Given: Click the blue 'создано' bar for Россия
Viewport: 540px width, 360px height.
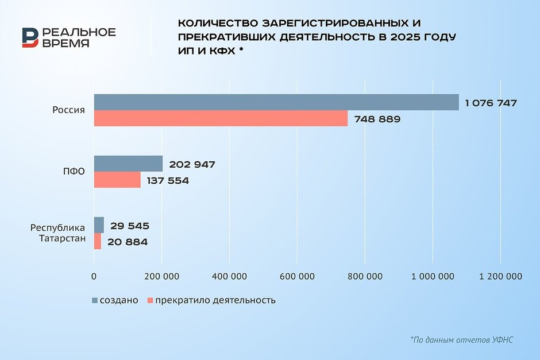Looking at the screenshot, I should click(276, 102).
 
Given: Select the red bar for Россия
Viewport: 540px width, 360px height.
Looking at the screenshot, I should click(221, 118).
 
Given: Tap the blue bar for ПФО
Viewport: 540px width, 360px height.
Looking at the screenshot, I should click(128, 164).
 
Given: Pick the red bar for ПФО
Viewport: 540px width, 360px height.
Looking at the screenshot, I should click(117, 180).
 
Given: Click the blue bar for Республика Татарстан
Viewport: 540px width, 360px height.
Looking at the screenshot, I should click(99, 225).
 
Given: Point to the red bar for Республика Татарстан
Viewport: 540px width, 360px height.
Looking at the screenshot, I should click(98, 241).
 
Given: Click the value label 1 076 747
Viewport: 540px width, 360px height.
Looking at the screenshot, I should click(491, 103).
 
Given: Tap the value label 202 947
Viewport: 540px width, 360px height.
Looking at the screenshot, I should click(192, 165).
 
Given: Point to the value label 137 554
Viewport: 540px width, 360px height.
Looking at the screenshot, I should click(166, 181).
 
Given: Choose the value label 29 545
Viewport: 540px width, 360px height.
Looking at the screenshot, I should click(129, 226).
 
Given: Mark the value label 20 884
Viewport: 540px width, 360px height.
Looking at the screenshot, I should click(127, 242).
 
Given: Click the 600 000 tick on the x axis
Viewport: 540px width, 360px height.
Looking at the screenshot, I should click(298, 276).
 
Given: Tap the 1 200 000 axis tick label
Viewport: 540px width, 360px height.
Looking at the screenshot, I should click(500, 276).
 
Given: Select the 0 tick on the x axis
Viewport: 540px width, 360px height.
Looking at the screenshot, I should click(94, 276).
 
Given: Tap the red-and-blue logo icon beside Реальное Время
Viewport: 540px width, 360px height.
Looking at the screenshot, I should click(31, 37).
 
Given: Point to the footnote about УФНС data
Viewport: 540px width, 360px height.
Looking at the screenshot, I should click(461, 340).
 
